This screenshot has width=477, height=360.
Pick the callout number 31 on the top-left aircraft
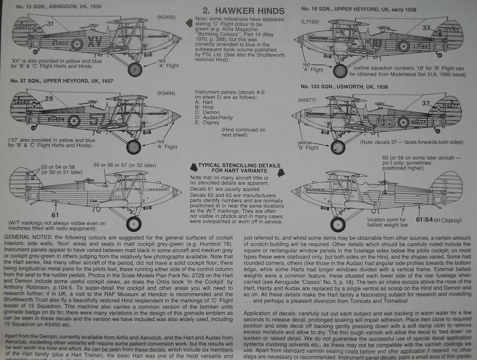click(x=51, y=23)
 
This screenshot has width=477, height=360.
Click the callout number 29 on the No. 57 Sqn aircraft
click(x=48, y=98)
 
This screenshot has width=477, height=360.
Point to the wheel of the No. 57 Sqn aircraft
click(x=134, y=146)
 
